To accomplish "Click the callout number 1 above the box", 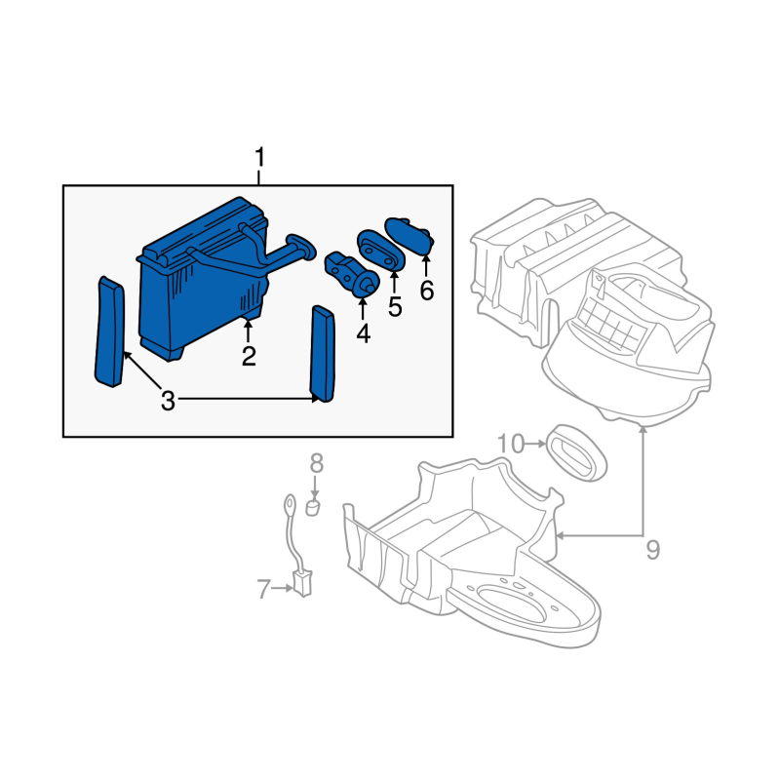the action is pos(259,157).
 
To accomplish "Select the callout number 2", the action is pos(249,356).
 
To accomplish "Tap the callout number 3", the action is pos(168,401).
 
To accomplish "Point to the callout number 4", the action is pos(364,333).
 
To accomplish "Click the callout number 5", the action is pos(395,307).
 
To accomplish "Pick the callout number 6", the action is pos(427,291).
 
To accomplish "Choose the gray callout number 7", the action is pos(263,589).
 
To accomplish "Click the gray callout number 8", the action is pos(316,463).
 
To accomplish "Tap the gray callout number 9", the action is pos(652,550).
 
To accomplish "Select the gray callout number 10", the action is pos(511,444).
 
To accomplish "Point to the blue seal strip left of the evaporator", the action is pos(110,331).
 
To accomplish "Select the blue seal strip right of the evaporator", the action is pos(323,353).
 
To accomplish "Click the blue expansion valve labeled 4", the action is pos(352,274).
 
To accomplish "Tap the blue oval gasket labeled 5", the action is pos(381,249).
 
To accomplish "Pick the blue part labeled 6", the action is pos(409,235).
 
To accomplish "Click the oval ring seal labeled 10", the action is pos(576,452).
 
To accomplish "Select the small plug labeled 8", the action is pos(312,508).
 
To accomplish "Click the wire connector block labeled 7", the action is pos(302,583).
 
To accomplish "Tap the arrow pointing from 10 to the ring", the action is pos(535,444).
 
